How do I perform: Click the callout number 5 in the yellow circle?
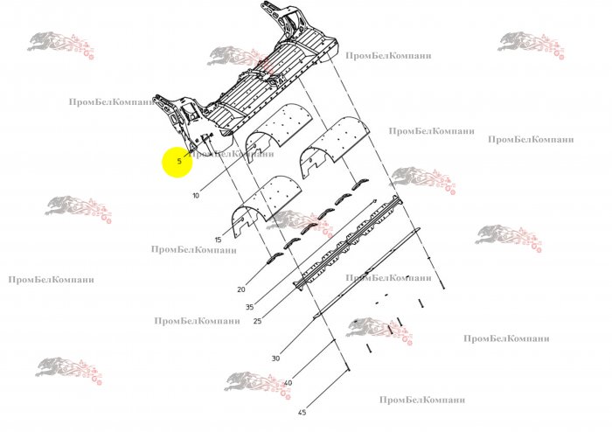[x=179, y=161]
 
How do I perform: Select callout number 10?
[x=196, y=195]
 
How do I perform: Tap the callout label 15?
[x=219, y=240]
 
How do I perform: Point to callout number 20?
[x=241, y=289]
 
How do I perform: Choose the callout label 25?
[x=257, y=321]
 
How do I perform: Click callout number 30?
[x=275, y=359]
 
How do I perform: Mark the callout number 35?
[x=250, y=307]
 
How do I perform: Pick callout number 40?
[x=288, y=383]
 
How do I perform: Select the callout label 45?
[x=302, y=412]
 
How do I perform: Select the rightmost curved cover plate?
[x=336, y=141]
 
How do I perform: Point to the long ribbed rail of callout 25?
[x=347, y=241]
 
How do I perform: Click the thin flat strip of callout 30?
[x=367, y=272]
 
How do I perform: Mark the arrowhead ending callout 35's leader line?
[x=375, y=201]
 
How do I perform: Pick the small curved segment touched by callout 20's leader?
[x=275, y=258]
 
